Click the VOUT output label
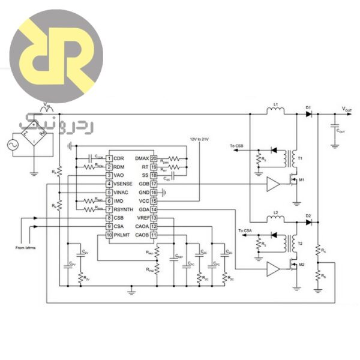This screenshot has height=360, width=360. [347, 109]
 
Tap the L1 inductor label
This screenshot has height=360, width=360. [275, 105]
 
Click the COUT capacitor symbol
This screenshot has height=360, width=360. [334, 127]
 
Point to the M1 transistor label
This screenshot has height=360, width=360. [302, 180]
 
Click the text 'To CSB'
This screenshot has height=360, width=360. [237, 145]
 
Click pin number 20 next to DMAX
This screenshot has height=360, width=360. [154, 158]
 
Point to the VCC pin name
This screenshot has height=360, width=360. [142, 200]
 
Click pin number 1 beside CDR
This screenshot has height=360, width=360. [109, 158]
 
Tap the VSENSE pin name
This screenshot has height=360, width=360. [124, 184]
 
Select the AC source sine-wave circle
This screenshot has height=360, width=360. [12, 144]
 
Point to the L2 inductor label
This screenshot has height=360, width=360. [275, 214]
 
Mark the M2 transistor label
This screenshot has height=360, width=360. [302, 265]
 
